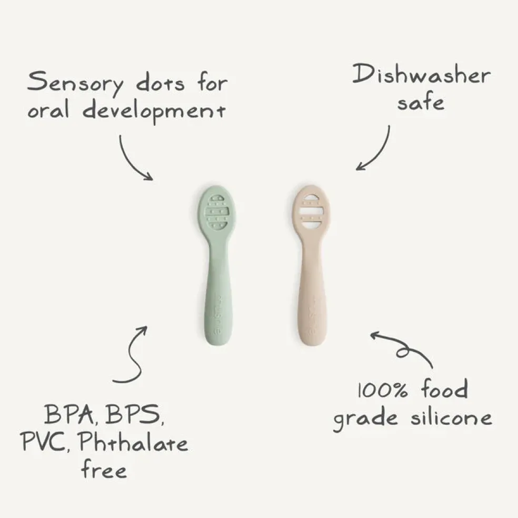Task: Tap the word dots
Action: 160,84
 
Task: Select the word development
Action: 154,111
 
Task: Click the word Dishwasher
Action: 422,74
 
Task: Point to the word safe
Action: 421,102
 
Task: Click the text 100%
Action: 383,390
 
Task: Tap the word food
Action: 445,388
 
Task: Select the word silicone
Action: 451,417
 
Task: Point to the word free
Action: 104,469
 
